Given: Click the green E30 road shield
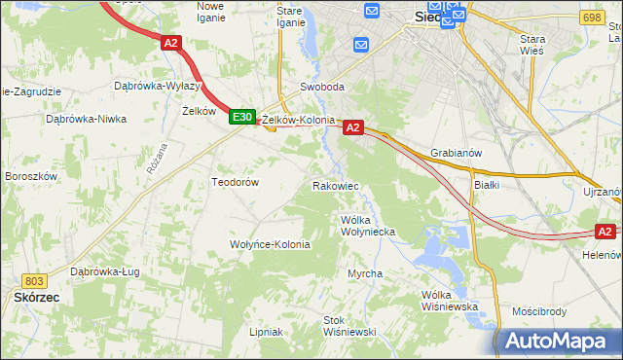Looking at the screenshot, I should click(x=242, y=118).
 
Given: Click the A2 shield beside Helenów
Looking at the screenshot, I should click(x=605, y=232).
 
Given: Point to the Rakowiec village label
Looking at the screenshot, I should click(x=336, y=185).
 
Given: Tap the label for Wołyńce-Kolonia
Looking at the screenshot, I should click(x=270, y=244).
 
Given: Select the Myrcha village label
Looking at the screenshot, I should click(x=365, y=273).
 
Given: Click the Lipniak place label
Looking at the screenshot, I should click(x=265, y=332).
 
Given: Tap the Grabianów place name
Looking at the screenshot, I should click(x=457, y=153).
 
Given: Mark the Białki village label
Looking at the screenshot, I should click(x=486, y=183).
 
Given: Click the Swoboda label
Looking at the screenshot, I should click(x=322, y=87).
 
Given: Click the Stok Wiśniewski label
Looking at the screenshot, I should click(x=349, y=326).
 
